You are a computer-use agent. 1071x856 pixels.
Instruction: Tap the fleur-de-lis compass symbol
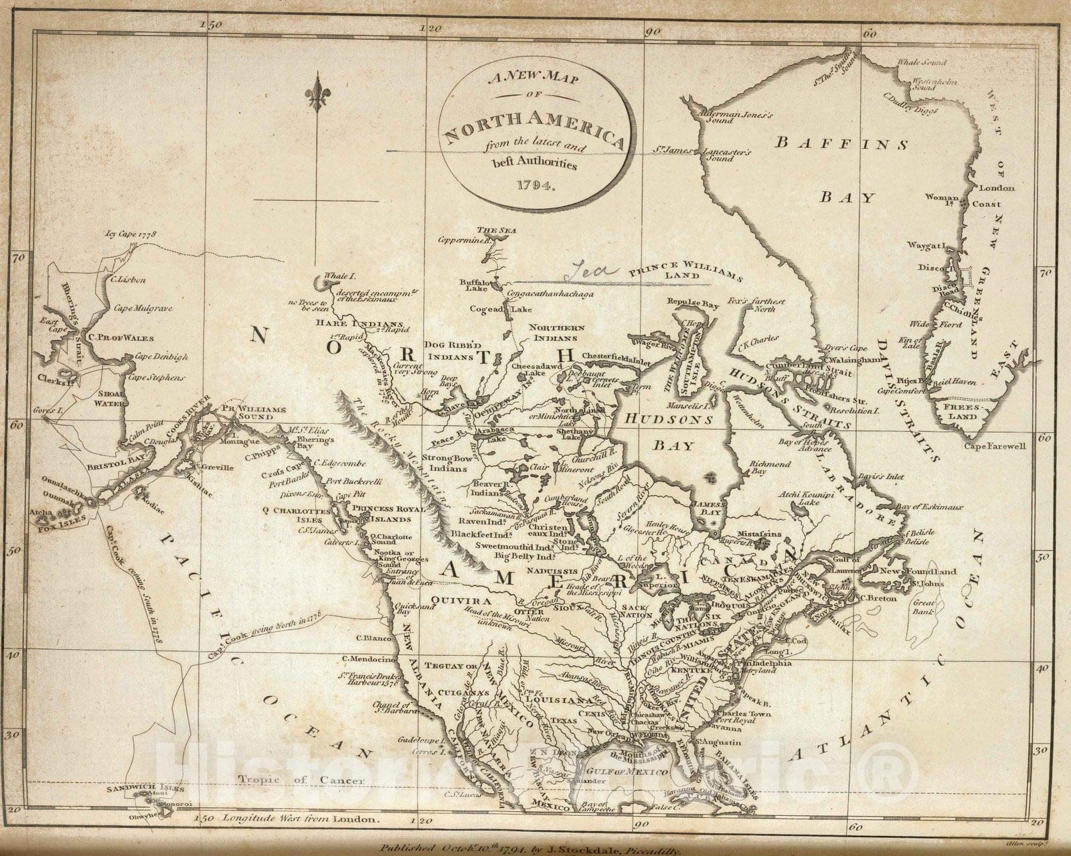[316, 92]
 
